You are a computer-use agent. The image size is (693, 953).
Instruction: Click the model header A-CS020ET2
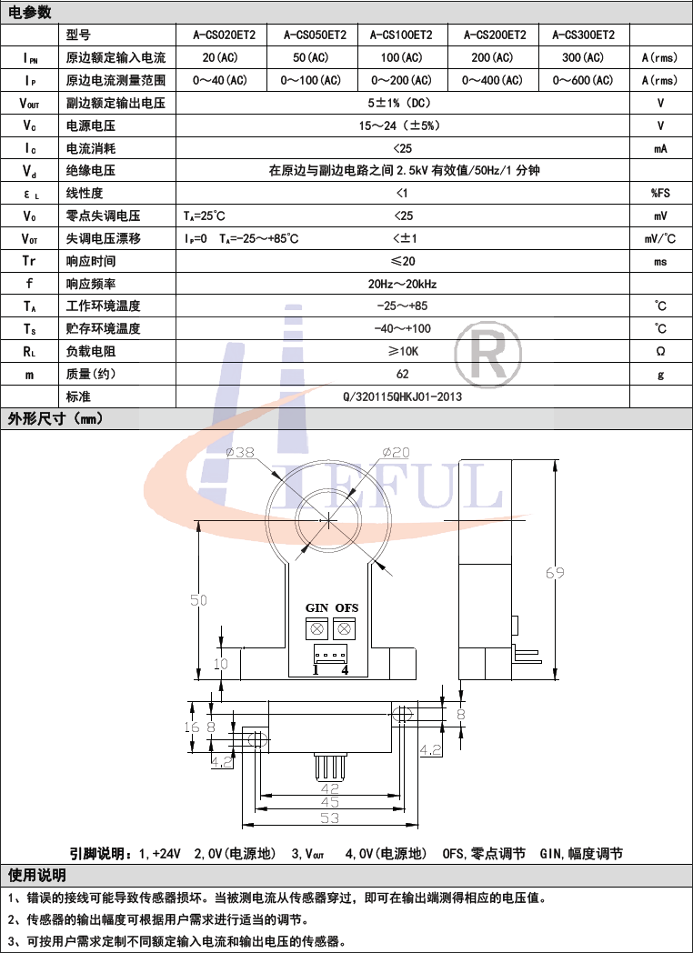[221, 35]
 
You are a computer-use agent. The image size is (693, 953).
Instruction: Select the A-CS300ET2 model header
[583, 35]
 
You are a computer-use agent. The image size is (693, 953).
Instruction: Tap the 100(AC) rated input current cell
[401, 57]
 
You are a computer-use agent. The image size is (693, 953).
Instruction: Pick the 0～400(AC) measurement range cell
[492, 80]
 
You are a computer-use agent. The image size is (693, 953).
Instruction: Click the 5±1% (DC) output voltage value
[402, 103]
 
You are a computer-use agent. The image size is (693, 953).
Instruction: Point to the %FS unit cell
[660, 194]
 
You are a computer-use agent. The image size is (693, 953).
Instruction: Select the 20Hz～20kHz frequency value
[402, 284]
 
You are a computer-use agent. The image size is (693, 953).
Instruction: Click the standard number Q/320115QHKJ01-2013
[402, 396]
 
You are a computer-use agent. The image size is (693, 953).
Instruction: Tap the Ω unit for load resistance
[661, 351]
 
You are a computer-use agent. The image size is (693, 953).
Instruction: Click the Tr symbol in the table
[29, 261]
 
